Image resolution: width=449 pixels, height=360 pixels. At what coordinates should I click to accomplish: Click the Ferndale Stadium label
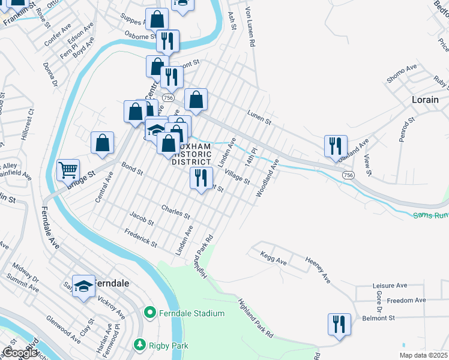[x=191, y=313]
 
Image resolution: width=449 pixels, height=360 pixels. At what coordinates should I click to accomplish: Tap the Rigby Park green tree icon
[x=139, y=345]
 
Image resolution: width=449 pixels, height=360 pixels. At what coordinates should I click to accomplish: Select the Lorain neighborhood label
[x=425, y=100]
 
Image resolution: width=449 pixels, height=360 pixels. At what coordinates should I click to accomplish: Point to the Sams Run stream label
[x=430, y=215]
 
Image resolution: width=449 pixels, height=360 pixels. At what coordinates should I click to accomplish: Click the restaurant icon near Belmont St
[x=339, y=324]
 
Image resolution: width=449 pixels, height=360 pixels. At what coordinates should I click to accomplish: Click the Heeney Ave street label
[x=318, y=270]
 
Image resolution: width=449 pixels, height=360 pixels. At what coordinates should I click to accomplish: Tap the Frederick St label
[x=140, y=236]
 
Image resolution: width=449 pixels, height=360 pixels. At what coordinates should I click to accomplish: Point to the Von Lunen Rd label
[x=251, y=27]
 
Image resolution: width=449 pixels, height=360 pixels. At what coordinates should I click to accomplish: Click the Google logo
[x=19, y=353]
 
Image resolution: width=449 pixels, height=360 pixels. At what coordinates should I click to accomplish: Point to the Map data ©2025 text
[x=423, y=355]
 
